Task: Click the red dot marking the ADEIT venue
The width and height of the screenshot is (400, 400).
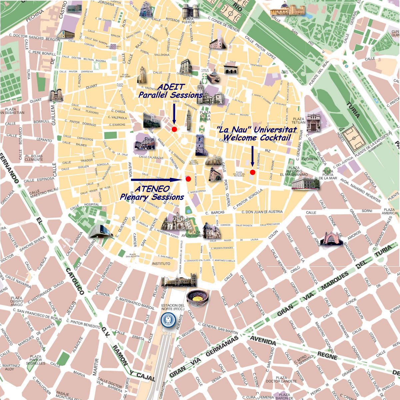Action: point(174,129)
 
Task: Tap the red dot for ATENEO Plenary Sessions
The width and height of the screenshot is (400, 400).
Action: point(188,179)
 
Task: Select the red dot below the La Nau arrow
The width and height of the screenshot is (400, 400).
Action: point(252,172)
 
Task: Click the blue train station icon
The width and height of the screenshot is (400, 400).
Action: point(168,320)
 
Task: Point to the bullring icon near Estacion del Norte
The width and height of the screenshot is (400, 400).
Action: point(197,298)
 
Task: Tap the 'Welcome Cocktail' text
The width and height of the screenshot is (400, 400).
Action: point(257,137)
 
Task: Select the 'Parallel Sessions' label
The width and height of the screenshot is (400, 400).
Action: point(170,95)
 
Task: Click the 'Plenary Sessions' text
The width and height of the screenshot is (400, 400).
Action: point(152,197)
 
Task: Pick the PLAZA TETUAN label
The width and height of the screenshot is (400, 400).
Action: point(298,120)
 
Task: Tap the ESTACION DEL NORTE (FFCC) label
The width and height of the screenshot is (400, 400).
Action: point(173,307)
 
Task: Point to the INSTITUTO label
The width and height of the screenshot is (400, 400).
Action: point(161,263)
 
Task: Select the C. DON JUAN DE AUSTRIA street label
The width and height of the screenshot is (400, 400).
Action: point(262,212)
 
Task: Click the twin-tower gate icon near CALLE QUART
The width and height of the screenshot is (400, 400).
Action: point(56,95)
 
